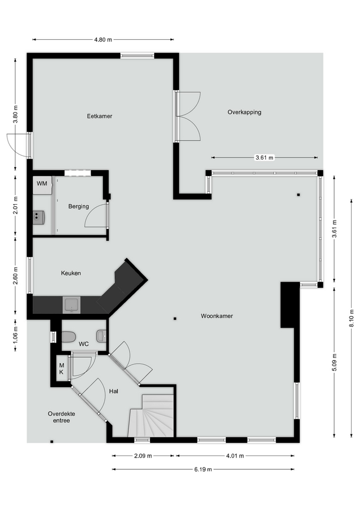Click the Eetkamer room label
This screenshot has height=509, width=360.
pos(100,116)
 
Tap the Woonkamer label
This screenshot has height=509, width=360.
pos(216,316)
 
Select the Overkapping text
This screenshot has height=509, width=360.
pos(244,112)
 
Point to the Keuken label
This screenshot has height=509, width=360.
pos(71,274)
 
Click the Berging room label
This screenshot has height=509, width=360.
pos(78,206)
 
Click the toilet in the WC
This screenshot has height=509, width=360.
pos(68,337)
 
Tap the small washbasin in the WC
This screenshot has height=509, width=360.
pos(102,336)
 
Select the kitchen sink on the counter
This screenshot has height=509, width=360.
pos(72,305)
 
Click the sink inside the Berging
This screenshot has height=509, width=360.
pos(39,217)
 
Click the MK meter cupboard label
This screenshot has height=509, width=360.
pos(62,369)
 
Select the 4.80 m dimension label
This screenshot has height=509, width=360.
pos(103,40)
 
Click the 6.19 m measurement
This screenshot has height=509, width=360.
pos(203,469)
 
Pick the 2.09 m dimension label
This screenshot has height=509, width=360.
pos(143,456)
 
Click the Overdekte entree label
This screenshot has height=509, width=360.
pos(62,417)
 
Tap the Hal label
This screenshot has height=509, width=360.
pos(113,391)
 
